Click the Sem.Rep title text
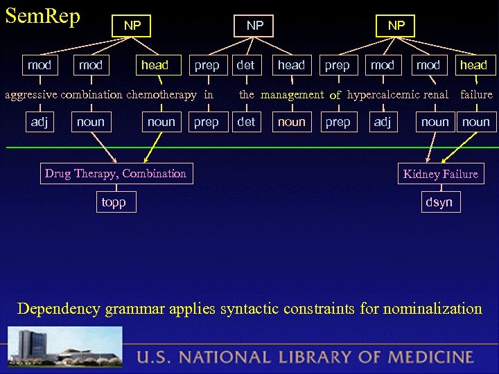pyautogui.click(x=43, y=15)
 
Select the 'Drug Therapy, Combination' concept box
pyautogui.click(x=116, y=174)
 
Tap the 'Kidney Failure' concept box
pyautogui.click(x=441, y=174)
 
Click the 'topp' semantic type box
pyautogui.click(x=114, y=202)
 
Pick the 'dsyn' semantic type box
pyautogui.click(x=439, y=202)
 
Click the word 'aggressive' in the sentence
pyautogui.click(x=34, y=94)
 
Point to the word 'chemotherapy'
pyautogui.click(x=161, y=94)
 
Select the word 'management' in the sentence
pyautogui.click(x=292, y=94)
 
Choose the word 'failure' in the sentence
pyautogui.click(x=476, y=94)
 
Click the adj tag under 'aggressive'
pyautogui.click(x=38, y=122)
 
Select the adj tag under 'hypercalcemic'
pyautogui.click(x=382, y=122)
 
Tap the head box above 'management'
pyautogui.click(x=291, y=65)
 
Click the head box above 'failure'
pyautogui.click(x=474, y=65)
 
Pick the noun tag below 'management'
pyautogui.click(x=291, y=122)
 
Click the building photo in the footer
pyautogui.click(x=65, y=349)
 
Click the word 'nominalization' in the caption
pyautogui.click(x=426, y=308)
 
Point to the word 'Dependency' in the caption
pyautogui.click(x=60, y=308)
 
